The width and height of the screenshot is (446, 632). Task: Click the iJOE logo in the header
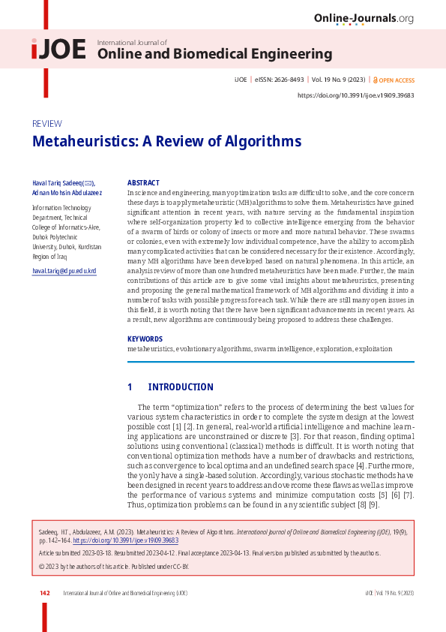(58, 50)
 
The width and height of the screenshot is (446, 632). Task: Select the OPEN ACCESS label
(396, 80)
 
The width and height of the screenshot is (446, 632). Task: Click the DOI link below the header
(356, 95)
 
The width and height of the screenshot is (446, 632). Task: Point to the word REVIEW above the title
(46, 124)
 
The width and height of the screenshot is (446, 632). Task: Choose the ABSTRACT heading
(143, 182)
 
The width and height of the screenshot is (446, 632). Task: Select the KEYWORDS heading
(145, 339)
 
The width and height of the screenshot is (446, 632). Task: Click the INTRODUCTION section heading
(180, 387)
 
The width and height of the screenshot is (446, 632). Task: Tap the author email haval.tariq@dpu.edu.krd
(64, 270)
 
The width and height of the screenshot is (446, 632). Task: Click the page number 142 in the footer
(45, 593)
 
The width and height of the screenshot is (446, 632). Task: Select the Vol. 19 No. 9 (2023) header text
(339, 80)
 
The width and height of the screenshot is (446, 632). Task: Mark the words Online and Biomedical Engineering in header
(214, 54)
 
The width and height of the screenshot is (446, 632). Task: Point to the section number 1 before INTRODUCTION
(130, 387)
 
